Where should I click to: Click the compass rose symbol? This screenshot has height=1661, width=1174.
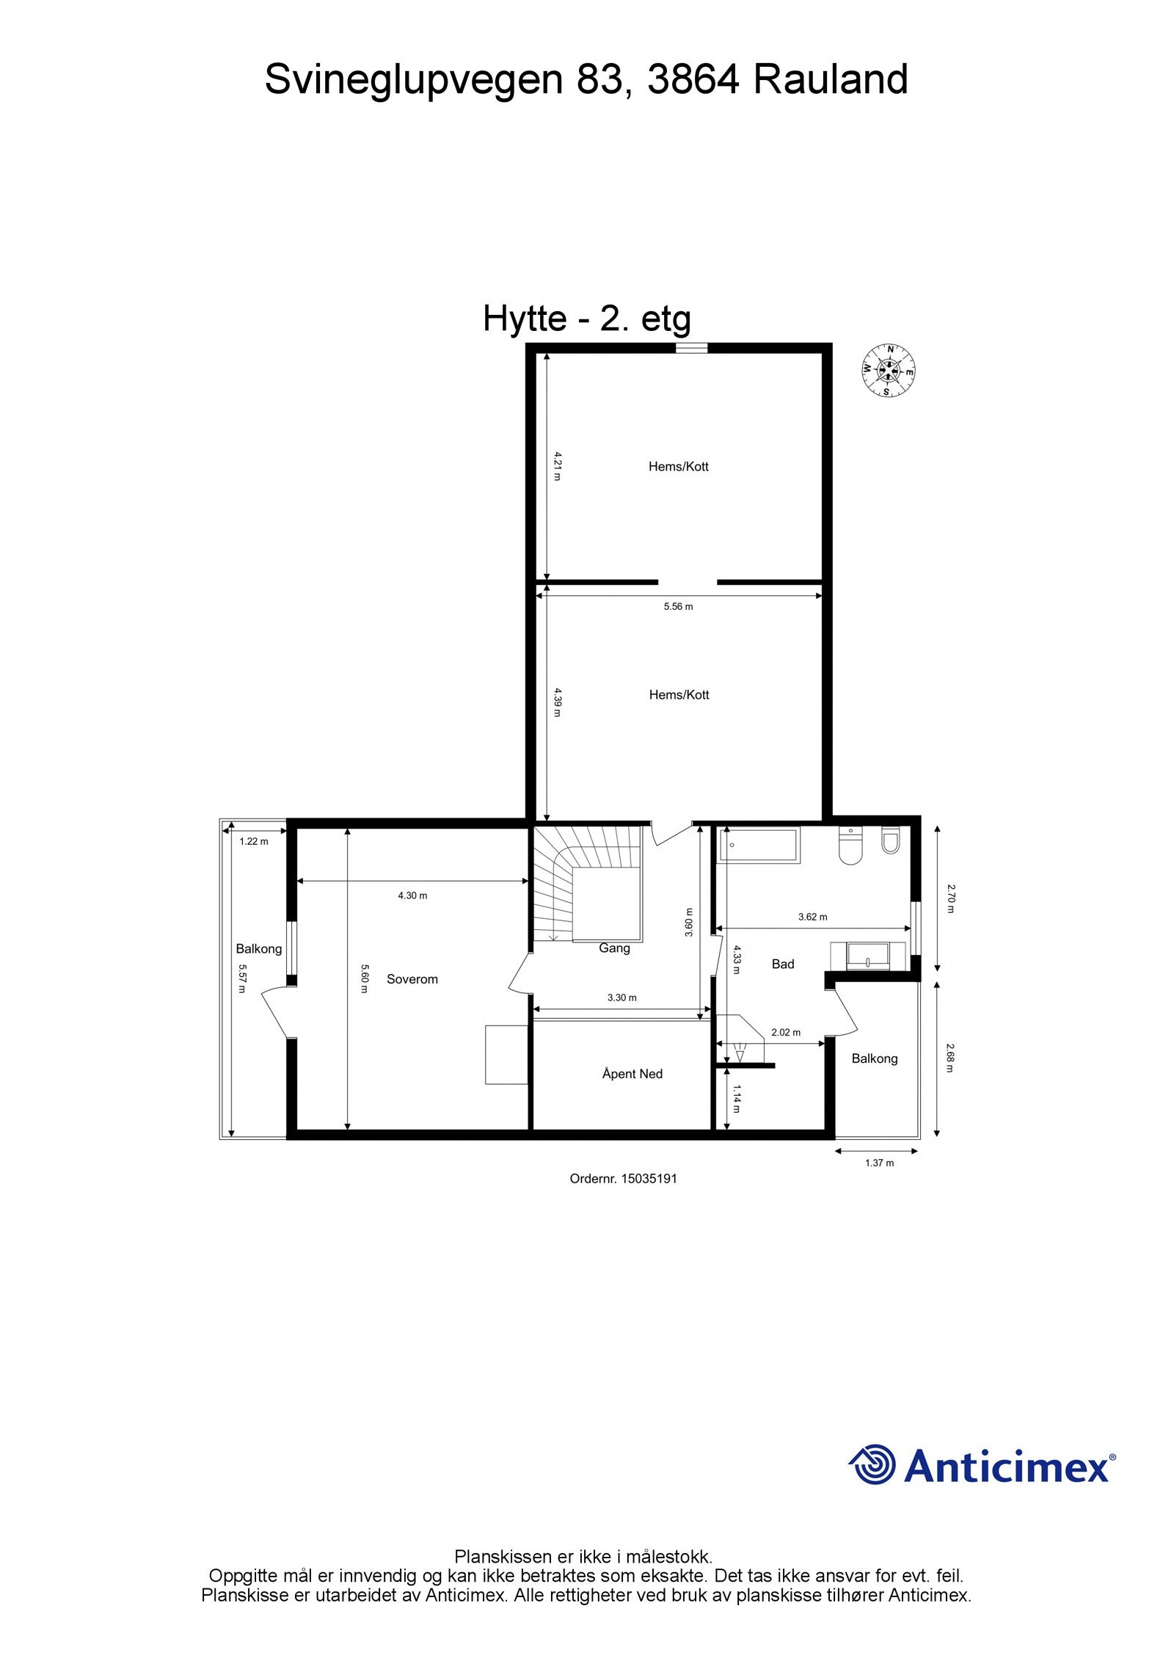889,371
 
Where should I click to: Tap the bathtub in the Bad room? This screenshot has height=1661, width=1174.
760,846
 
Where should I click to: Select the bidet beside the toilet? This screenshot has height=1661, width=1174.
890,841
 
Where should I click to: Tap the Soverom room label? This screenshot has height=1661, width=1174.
412,979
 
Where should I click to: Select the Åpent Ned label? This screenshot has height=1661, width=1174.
632,1074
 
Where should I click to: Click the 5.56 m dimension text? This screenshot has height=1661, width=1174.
678,606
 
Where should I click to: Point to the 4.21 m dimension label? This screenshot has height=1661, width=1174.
556,465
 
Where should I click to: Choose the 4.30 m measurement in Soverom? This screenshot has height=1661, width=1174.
412,895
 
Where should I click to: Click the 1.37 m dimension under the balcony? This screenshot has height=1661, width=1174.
879,1163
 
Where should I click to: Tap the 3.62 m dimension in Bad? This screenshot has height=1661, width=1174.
812,917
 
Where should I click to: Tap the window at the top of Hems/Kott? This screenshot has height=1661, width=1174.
692,349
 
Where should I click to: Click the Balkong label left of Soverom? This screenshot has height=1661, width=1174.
258,949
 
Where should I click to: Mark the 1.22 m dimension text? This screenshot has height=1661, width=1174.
254,841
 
